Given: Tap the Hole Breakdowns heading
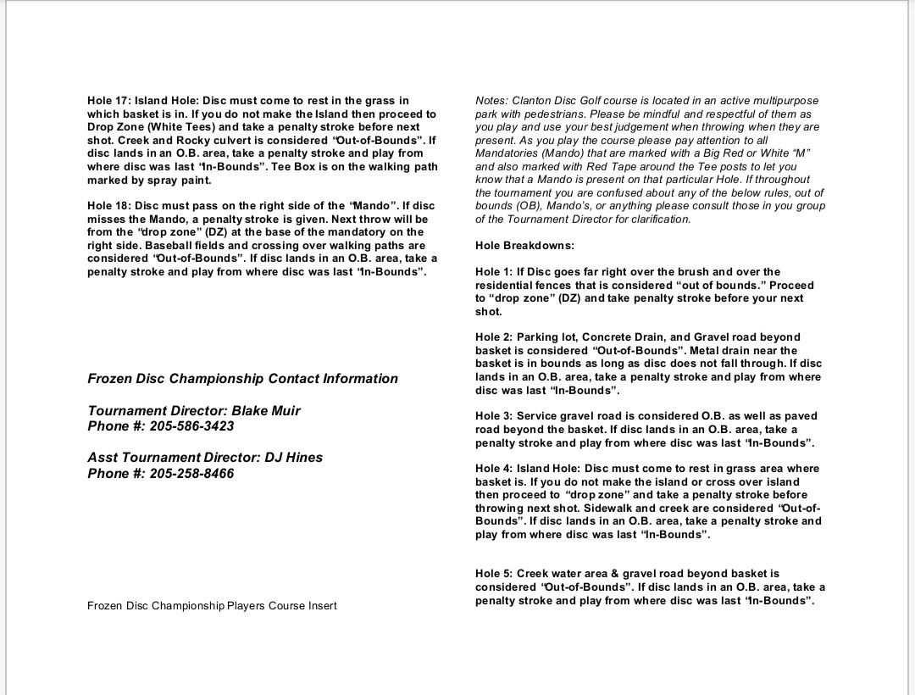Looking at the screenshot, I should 524,246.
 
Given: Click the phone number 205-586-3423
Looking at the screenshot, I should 192,427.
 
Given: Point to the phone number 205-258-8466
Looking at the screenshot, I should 192,474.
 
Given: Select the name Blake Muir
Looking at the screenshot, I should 266,411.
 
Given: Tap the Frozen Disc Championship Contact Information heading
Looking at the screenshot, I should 242,379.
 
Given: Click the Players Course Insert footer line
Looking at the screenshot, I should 212,606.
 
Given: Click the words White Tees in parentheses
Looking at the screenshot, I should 186,127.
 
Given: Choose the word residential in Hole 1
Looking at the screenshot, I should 506,286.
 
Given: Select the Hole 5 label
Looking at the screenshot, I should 494,574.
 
